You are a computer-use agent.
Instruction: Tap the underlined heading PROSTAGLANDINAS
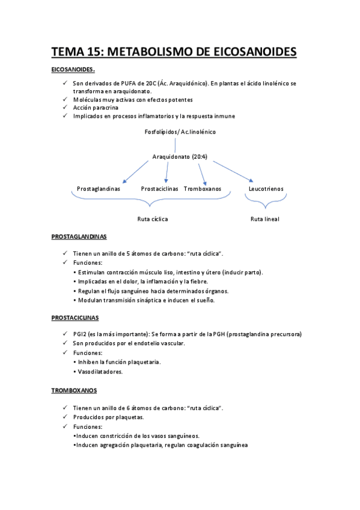coord(79,237)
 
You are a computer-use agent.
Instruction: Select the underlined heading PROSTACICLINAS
coord(75,318)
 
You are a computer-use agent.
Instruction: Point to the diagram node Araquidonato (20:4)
coord(180,157)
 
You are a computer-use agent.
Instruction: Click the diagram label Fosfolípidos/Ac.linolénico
coord(180,131)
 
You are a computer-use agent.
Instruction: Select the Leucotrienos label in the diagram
coord(266,189)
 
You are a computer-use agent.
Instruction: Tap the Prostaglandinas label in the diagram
coord(99,189)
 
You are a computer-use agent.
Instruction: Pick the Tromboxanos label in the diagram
coord(203,189)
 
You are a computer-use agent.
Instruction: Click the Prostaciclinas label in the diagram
coord(160,189)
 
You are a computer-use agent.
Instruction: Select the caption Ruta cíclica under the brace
coord(153,219)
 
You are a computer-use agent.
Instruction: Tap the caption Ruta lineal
coord(265,219)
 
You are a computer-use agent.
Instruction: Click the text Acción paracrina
coord(96,107)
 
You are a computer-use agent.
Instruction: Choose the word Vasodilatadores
coord(100,372)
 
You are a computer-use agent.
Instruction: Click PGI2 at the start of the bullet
coord(81,334)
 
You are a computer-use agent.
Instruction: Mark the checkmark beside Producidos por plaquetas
coord(65,417)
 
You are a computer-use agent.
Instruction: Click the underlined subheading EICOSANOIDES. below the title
coord(73,70)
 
